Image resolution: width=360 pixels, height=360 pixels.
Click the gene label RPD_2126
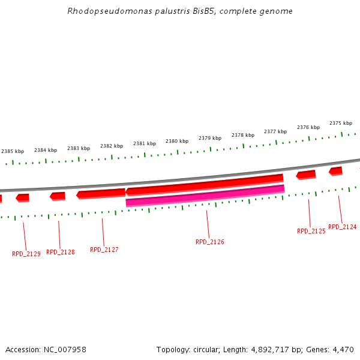(209, 242)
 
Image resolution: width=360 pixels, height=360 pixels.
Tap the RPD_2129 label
(26, 254)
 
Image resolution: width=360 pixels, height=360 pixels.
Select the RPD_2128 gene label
(61, 252)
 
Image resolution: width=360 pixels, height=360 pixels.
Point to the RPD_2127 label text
(104, 250)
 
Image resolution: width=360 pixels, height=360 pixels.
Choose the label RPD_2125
(311, 231)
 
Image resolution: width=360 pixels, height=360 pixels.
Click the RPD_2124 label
(342, 227)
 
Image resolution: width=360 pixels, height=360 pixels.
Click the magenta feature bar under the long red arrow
(205, 196)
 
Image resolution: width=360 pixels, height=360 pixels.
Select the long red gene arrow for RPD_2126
(204, 185)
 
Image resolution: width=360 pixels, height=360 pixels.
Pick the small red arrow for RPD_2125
(306, 175)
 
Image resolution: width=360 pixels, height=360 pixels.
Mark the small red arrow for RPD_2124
(335, 171)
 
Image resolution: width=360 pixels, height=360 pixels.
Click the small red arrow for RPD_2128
(58, 196)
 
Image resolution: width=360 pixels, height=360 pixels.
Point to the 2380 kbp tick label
(177, 141)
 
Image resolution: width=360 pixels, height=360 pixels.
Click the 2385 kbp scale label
(13, 152)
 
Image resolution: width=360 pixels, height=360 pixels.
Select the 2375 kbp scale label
(341, 123)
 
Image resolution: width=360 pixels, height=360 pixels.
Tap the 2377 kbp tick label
(275, 131)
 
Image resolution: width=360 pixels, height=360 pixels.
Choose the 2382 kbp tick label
(112, 146)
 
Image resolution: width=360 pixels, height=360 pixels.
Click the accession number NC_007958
(65, 349)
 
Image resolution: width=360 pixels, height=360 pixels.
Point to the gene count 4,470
(342, 349)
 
